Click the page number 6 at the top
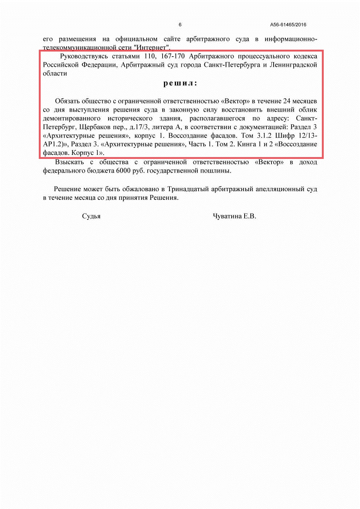point(180,25)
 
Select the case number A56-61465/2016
point(288,25)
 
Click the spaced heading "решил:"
point(180,83)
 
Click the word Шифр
point(285,136)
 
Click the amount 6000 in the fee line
point(124,171)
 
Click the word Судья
point(91,216)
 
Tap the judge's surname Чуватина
point(227,216)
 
